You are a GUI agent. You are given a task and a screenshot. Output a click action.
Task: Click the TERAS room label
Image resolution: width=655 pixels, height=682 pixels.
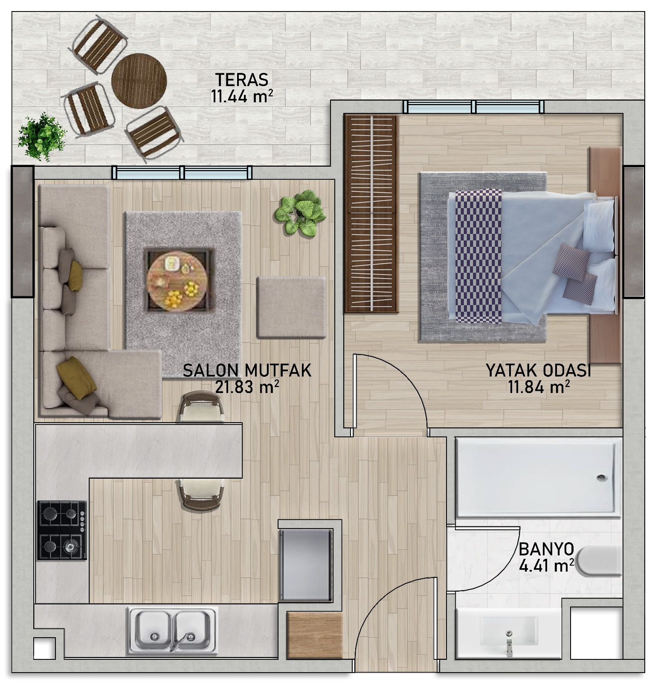[x=241, y=80]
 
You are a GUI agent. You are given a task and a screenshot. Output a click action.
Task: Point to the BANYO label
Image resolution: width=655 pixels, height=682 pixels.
[x=546, y=549]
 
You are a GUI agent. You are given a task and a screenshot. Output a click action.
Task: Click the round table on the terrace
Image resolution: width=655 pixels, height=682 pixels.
[x=139, y=77]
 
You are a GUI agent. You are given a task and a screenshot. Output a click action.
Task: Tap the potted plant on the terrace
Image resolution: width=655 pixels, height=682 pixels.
[x=42, y=136]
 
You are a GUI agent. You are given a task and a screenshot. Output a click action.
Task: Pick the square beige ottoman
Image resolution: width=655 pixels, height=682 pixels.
[x=291, y=307]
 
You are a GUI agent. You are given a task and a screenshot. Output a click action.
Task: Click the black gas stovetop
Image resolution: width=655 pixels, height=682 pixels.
[x=62, y=530]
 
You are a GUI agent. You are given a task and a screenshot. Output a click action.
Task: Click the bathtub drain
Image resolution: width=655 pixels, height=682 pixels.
[x=602, y=478]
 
